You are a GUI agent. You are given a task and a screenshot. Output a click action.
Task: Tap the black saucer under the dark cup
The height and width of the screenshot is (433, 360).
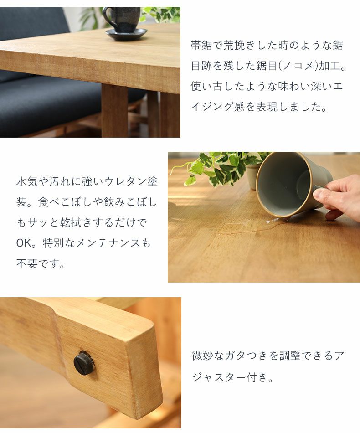pyautogui.click(x=126, y=34)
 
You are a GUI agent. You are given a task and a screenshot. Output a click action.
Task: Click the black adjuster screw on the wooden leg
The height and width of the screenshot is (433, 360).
pyautogui.click(x=83, y=363)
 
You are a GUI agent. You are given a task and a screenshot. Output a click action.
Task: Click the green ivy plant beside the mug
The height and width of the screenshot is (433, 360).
pyautogui.click(x=219, y=166)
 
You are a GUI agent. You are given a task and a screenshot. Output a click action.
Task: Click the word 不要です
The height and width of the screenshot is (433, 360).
pyautogui.click(x=41, y=264)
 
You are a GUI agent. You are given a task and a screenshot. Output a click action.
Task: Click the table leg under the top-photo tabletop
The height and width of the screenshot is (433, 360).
pyautogui.click(x=114, y=112)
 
